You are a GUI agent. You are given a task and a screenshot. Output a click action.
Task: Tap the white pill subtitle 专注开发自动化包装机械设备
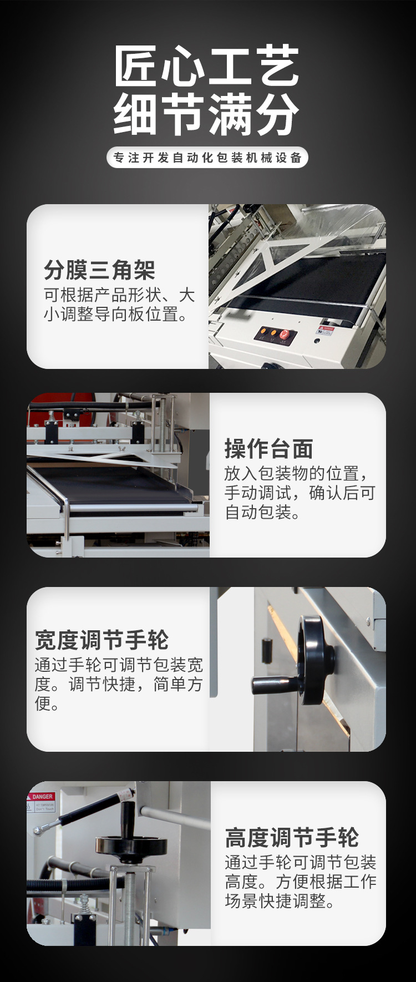(x=207, y=158)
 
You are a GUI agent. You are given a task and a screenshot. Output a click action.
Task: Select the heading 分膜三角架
(x=99, y=270)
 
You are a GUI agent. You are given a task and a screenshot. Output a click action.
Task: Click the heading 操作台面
(x=268, y=449)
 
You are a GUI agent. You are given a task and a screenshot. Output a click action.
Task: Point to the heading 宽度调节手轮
(x=102, y=640)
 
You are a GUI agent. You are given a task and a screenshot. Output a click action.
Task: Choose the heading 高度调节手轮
(x=292, y=837)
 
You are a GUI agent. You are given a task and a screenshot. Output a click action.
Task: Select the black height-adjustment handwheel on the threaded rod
(x=131, y=846)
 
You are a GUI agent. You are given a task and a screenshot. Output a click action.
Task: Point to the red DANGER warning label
(x=42, y=797)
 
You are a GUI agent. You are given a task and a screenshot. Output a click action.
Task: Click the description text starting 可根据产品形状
(x=119, y=305)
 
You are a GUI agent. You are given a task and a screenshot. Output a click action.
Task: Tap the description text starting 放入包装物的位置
(x=300, y=493)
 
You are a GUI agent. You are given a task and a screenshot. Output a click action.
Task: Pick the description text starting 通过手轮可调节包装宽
(x=119, y=684)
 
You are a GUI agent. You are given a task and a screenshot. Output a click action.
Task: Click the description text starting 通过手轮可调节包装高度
(x=300, y=881)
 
